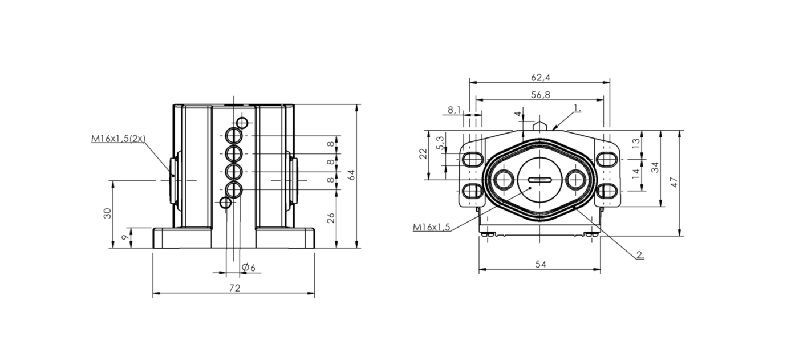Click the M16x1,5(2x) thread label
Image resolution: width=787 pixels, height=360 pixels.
[118, 139]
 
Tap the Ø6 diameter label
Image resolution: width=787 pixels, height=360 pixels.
[248, 268]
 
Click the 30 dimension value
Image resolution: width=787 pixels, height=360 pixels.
[107, 213]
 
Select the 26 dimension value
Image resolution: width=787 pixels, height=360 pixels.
[331, 217]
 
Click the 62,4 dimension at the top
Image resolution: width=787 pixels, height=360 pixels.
[539, 78]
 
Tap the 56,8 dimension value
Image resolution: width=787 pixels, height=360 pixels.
[539, 95]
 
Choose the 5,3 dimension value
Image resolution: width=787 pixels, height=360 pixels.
[439, 141]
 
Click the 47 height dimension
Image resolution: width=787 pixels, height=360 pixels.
[674, 183]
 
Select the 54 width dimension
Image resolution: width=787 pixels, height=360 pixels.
[539, 264]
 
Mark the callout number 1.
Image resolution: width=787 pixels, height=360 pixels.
[577, 108]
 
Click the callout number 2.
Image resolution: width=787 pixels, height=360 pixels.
[640, 254]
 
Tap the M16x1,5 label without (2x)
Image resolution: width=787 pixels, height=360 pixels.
[432, 227]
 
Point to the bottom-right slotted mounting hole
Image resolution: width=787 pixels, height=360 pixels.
[606, 190]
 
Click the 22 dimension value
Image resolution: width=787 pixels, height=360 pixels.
[422, 155]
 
